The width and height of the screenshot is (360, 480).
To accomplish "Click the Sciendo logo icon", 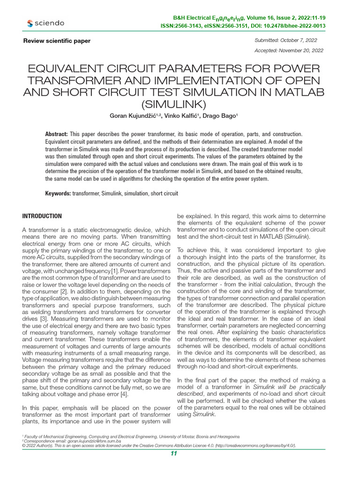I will click(30, 23).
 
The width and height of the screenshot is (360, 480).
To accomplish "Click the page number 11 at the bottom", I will click(174, 453).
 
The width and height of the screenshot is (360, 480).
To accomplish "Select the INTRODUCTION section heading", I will click(42, 216).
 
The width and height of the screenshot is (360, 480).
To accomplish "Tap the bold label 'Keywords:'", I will click(58, 193).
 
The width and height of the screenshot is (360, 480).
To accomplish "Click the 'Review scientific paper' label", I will click(57, 41).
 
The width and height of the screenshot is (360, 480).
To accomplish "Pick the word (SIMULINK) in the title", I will click(173, 104).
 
